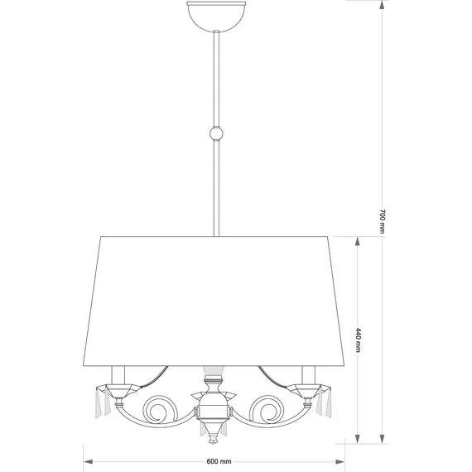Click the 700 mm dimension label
pos(382,221)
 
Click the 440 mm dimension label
pos(358,340)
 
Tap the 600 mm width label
pos(219,461)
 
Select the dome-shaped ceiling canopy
pos(216,16)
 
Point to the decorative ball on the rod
pos(216,133)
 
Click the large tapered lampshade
pos(214,301)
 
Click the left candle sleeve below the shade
pos(118,375)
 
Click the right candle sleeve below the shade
pos(309,375)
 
